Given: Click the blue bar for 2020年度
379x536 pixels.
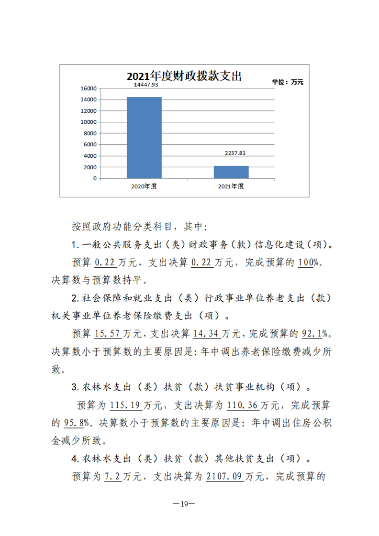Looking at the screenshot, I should (x=144, y=138).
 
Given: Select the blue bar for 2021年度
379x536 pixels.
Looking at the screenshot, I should (x=231, y=172).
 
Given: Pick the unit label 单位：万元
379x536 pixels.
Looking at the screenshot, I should (x=288, y=82).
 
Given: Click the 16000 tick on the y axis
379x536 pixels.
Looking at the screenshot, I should (x=89, y=88).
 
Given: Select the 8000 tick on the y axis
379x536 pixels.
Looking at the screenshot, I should (x=90, y=133).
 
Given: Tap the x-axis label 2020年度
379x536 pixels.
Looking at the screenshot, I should (x=144, y=186).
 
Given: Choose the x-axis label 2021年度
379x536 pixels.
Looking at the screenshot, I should (x=231, y=186).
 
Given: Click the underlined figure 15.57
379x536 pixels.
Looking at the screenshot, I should (x=109, y=333).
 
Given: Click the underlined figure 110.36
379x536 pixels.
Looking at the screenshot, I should (x=243, y=405).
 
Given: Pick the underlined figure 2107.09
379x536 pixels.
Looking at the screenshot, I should (x=225, y=477).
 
